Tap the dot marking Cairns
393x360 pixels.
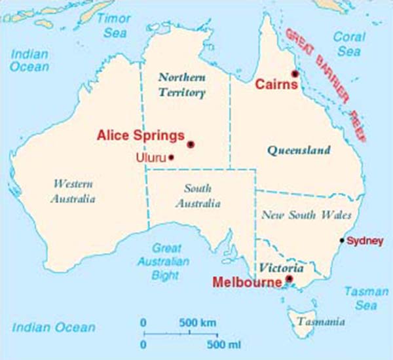pos(295,73)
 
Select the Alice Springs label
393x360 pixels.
pos(141,135)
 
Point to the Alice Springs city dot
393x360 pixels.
pos(191,144)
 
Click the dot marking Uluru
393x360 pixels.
pos(172,157)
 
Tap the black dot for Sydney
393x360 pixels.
pos(342,241)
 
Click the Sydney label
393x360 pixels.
pos(365,242)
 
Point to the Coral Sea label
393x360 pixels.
pos(349,44)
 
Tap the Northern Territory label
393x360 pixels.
pos(182,84)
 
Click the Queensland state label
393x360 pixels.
pos(299,151)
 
